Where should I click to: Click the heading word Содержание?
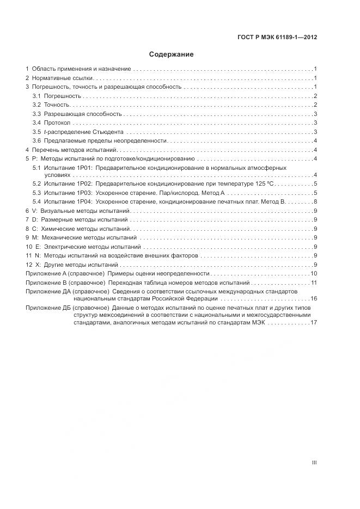(172, 54)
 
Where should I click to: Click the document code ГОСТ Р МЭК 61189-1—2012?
(277, 38)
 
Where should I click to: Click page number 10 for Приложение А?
(314, 273)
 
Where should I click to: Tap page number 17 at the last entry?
(314, 322)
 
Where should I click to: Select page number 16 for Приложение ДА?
(314, 299)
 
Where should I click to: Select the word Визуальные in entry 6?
(59, 210)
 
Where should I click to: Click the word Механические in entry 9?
(62, 237)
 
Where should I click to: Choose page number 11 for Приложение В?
(314, 283)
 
